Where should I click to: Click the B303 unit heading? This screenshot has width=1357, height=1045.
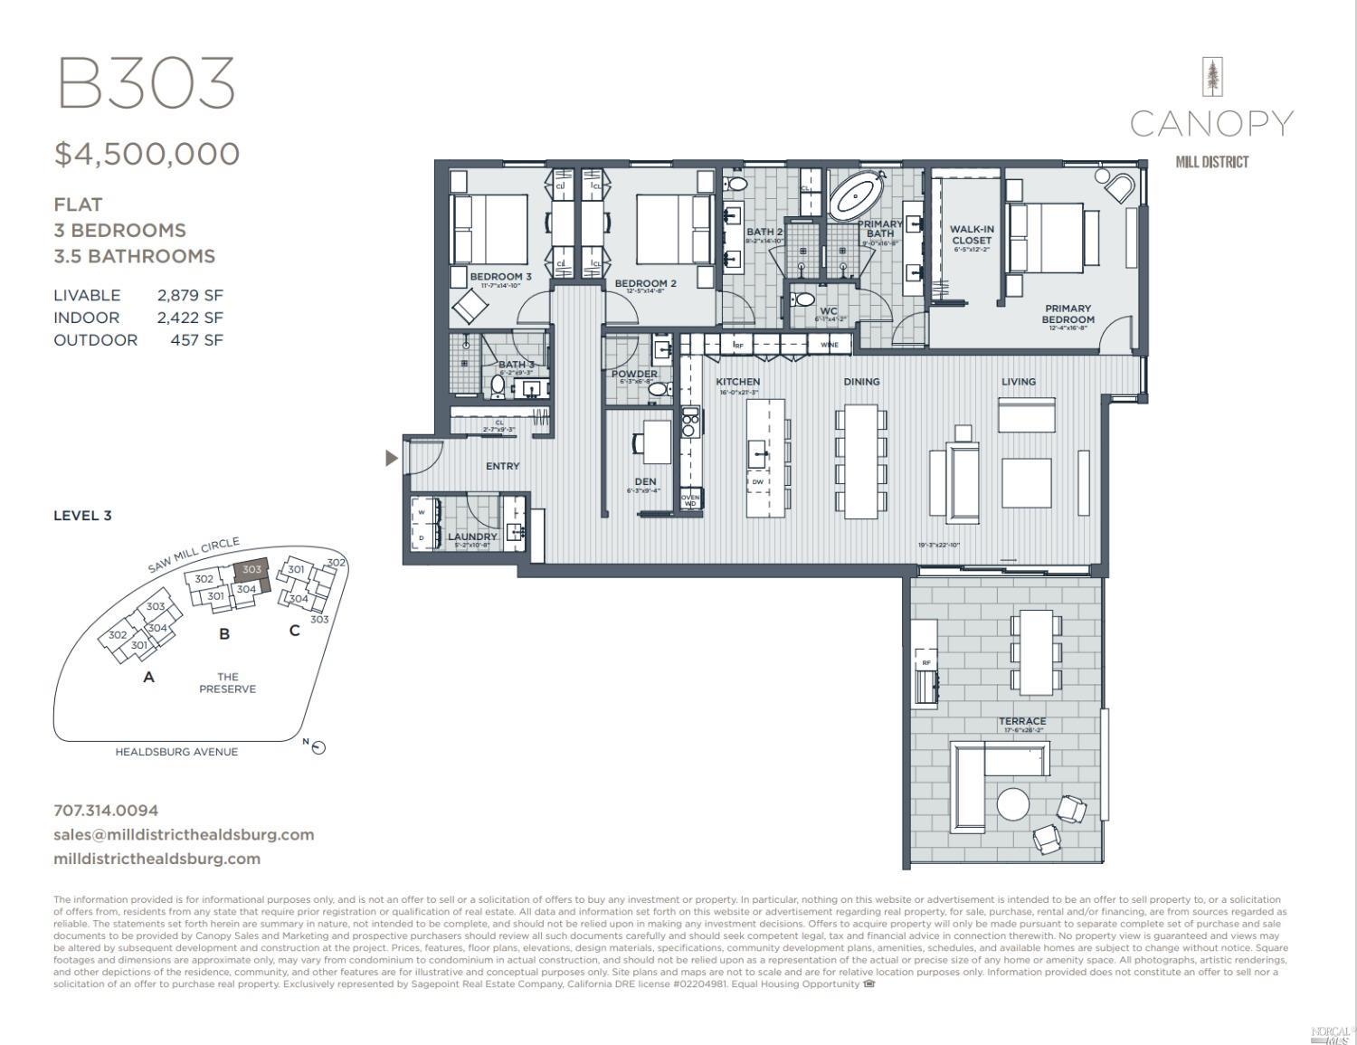[146, 83]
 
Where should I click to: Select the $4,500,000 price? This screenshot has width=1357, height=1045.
[147, 154]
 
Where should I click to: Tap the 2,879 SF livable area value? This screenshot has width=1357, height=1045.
[189, 295]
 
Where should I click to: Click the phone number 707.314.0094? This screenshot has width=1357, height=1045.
[106, 811]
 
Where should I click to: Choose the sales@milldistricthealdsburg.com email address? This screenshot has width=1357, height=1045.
[184, 834]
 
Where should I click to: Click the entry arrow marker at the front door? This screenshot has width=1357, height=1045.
[391, 458]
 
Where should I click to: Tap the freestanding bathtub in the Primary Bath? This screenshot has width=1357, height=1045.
[859, 194]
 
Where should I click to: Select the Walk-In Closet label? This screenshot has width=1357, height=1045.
[971, 235]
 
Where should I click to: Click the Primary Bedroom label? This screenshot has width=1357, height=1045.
[1068, 314]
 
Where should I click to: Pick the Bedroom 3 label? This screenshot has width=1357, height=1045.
[500, 277]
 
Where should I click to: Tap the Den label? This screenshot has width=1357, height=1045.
[645, 482]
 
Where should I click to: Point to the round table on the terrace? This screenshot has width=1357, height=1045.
[1012, 803]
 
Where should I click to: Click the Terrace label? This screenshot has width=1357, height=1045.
[1022, 721]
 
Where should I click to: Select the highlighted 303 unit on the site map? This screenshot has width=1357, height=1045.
[251, 570]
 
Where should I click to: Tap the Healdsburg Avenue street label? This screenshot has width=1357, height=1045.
[176, 752]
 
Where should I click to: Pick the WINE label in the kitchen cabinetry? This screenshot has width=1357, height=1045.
[829, 345]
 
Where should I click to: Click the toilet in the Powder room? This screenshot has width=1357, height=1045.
[658, 389]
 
